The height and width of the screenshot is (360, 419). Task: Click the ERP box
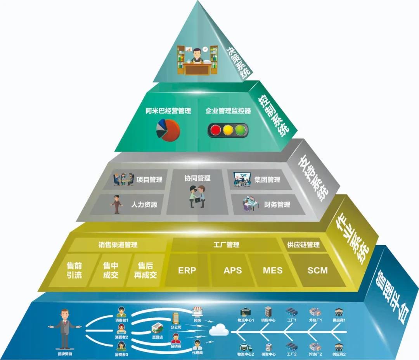coord(187,270)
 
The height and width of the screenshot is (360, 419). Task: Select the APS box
coord(232,270)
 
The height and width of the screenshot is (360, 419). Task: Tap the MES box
coord(272,270)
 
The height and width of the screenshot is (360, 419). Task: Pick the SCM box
coord(317,270)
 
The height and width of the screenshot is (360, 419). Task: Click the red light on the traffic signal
coord(215,130)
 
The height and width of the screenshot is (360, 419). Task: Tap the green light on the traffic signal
coord(241,130)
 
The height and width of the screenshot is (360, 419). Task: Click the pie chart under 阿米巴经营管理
coord(168,130)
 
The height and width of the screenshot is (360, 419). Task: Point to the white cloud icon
coord(219,331)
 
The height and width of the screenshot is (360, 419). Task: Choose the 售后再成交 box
coord(145,270)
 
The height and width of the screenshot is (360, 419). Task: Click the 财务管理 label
coord(277,204)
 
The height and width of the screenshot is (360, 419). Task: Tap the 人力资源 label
coord(144,204)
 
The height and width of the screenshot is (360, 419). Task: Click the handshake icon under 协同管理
coord(197,196)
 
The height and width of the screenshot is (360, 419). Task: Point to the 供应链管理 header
coord(303,245)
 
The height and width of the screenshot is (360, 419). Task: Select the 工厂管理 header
coord(226,245)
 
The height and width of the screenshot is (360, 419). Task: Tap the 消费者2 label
coord(121,337)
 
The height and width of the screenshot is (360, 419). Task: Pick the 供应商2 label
coord(339,354)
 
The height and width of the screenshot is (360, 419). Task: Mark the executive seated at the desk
coord(197,58)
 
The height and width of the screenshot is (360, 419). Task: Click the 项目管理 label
coord(149,180)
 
